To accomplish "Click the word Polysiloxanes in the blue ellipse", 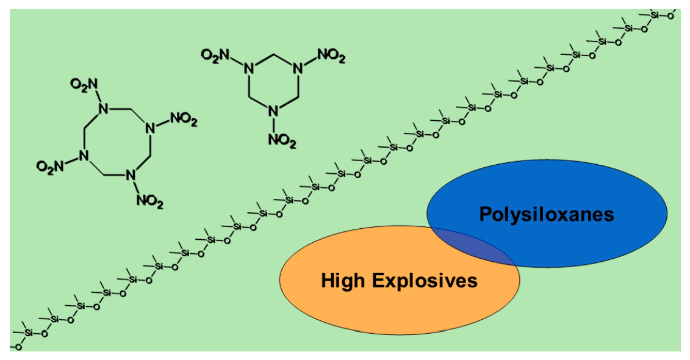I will (x=546, y=214).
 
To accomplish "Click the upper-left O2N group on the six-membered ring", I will (x=215, y=57).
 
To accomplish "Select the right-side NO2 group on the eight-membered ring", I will (x=184, y=120).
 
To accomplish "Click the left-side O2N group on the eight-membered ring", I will (x=48, y=165).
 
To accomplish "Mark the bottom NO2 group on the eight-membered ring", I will (x=149, y=201).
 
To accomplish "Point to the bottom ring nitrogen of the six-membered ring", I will (x=273, y=112).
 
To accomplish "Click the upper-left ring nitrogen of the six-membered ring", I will (x=248, y=68).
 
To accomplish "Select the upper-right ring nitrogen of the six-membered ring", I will (x=298, y=68).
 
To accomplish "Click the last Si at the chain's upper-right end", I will (x=655, y=15).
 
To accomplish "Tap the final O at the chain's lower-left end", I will (x=18, y=347).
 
